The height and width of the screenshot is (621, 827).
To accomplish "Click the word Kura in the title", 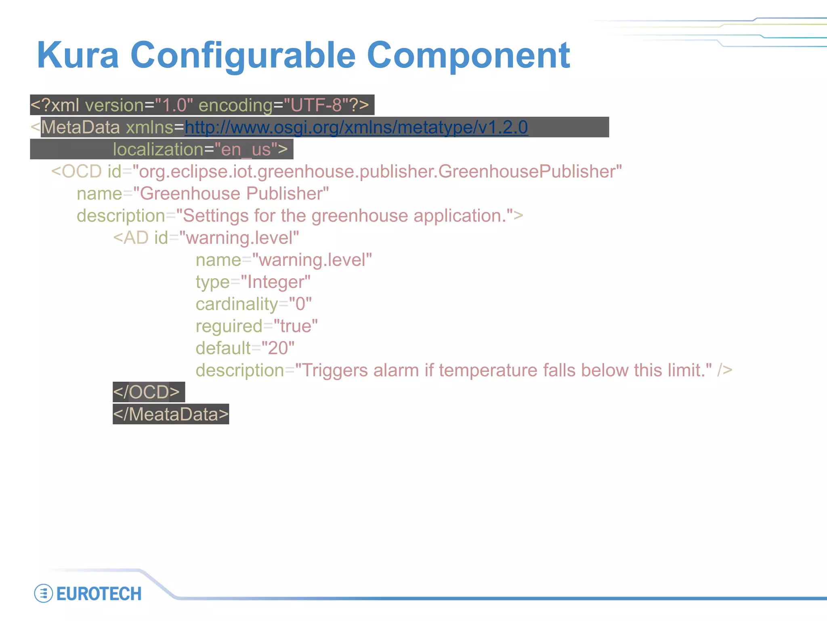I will point(78,55).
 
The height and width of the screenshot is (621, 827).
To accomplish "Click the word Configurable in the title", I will point(243,55).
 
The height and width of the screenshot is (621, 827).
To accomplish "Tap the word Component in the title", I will point(468,55).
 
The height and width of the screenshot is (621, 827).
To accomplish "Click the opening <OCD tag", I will point(76,171).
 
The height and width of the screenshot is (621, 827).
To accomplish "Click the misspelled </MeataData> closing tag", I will point(170,414).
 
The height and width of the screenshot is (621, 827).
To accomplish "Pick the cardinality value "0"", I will point(300,304).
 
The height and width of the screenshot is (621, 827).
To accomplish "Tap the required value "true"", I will point(296,326).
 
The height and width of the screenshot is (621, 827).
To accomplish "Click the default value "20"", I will point(278,348).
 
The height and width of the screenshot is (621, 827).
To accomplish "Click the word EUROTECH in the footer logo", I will point(99,594).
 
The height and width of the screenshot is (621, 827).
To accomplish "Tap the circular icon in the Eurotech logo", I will point(44,594).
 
